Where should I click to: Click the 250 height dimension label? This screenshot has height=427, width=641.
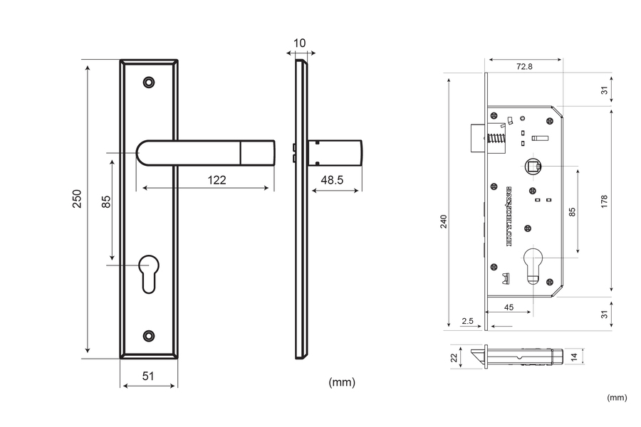tap(78, 199)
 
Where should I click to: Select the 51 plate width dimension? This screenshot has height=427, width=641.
tap(148, 376)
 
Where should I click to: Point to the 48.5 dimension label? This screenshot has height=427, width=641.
tap(332, 181)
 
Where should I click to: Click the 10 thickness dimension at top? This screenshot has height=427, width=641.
tap(299, 43)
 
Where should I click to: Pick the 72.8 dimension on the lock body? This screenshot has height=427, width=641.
tap(523, 66)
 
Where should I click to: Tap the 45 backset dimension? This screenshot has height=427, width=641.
tap(509, 307)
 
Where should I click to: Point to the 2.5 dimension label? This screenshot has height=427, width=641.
tap(467, 322)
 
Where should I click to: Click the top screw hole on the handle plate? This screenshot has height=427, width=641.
tap(149, 83)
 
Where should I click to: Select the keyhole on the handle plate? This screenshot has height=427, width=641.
tap(149, 271)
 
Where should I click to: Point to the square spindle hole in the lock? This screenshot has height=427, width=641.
tap(532, 167)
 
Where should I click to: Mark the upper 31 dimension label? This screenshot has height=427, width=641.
tap(603, 90)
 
